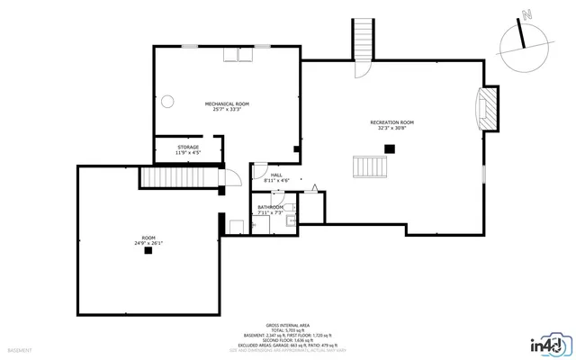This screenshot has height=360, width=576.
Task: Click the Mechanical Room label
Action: pos(227,103)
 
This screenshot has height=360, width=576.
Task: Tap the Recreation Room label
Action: pos(393,121)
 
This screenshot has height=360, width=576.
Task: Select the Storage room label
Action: pos(188,147)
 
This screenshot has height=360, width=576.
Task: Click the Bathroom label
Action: pos(271,207)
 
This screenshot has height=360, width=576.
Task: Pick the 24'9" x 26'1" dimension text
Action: pos(148,242)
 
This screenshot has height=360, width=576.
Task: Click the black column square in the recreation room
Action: pos(390,148)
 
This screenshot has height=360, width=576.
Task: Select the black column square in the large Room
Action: pos(148,251)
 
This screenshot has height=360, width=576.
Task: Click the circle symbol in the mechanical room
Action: pos(166,101)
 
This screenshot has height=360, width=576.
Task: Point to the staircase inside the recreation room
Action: pos(371,166)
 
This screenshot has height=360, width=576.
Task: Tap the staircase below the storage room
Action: pos(180,177)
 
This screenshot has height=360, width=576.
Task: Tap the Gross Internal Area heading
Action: pos(288,325)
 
